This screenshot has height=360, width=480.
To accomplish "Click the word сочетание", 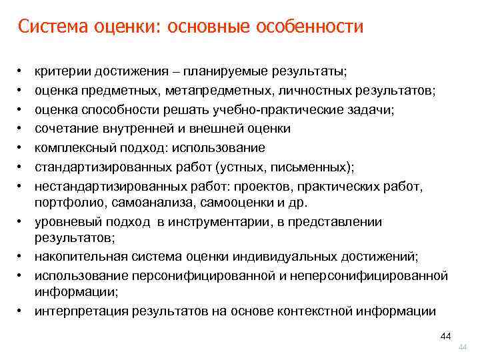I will point(65,128).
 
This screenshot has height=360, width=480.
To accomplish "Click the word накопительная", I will point(75,257).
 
